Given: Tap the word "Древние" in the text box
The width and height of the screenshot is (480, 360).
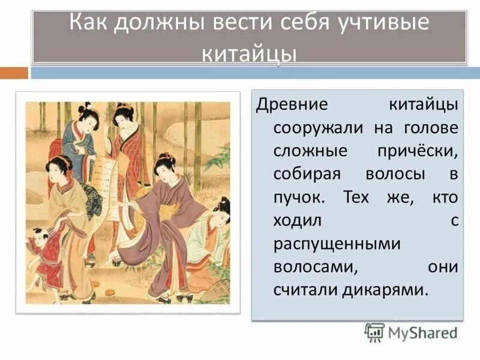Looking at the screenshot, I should click(x=292, y=103).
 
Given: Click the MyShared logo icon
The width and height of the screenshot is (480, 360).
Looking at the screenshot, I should click(x=374, y=331).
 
